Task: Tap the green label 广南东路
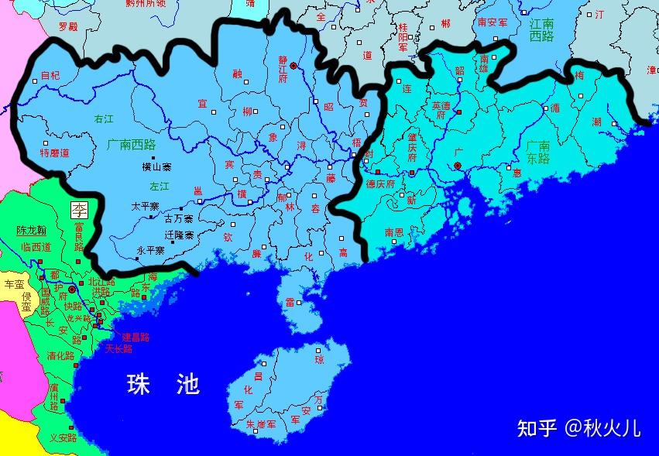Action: (x=537, y=152)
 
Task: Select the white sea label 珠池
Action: (x=163, y=384)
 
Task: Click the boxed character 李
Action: (x=79, y=208)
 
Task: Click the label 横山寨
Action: (x=157, y=166)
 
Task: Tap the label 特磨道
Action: (x=54, y=153)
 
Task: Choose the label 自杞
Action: (x=50, y=76)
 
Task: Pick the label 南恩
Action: (x=394, y=231)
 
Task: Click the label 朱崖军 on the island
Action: (x=261, y=423)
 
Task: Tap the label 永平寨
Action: (x=150, y=250)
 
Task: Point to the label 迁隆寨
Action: (x=179, y=234)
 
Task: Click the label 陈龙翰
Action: (x=32, y=231)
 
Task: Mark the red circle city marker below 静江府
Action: (x=293, y=67)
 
